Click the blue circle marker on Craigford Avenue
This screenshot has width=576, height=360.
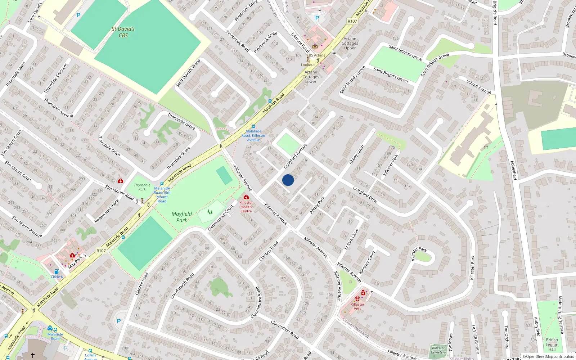point(288,180)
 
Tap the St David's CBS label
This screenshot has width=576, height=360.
point(123,32)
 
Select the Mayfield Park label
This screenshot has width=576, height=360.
point(182,217)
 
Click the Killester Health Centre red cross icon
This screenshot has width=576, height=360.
point(246,197)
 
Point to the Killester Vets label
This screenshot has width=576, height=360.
point(357,306)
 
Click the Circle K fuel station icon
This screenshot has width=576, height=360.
point(57,271)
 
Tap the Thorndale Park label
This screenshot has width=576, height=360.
point(142,187)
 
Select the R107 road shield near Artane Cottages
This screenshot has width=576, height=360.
point(352,21)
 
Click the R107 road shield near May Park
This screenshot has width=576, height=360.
point(101,251)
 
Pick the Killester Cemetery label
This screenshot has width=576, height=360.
point(438,350)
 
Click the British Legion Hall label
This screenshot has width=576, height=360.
point(552,345)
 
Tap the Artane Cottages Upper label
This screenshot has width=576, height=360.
point(350,43)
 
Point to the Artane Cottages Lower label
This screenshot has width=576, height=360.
point(311,77)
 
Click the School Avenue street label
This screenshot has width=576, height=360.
point(479,86)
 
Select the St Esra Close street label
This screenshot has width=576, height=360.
point(351,239)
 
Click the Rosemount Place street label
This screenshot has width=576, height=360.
point(107,211)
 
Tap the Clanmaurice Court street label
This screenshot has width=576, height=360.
point(221,218)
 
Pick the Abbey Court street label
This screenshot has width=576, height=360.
point(357,154)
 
